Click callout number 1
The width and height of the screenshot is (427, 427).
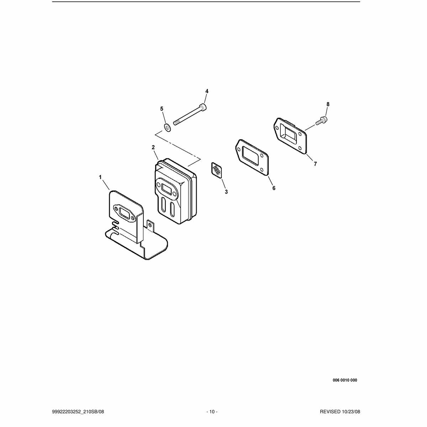(x=100, y=177)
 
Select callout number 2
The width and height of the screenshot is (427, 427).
(x=153, y=147)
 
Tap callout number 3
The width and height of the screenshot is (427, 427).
(x=226, y=192)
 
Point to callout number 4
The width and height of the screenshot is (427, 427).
(x=207, y=91)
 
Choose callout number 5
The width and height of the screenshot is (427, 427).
(x=162, y=109)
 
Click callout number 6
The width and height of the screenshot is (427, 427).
(x=274, y=188)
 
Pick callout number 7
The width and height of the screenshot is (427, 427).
(x=315, y=164)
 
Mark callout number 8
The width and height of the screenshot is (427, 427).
(x=328, y=104)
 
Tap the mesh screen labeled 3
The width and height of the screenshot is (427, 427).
(x=216, y=170)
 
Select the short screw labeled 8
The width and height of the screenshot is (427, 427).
(x=322, y=121)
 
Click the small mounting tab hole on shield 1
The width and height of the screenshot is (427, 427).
(x=151, y=225)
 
